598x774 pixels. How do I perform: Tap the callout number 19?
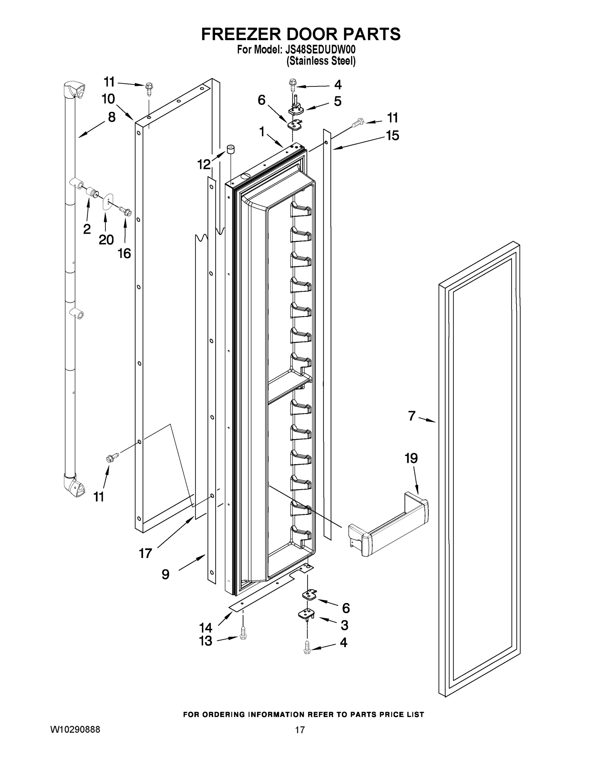(x=411, y=458)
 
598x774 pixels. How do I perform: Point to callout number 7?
(x=411, y=416)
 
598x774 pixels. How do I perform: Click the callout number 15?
(x=393, y=135)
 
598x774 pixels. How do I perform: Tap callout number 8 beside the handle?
(x=112, y=117)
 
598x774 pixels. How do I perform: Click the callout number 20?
(x=106, y=240)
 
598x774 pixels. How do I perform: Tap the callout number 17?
(x=145, y=553)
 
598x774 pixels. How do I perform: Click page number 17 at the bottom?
(x=300, y=730)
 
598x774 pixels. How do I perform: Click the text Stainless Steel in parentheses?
(x=321, y=61)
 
